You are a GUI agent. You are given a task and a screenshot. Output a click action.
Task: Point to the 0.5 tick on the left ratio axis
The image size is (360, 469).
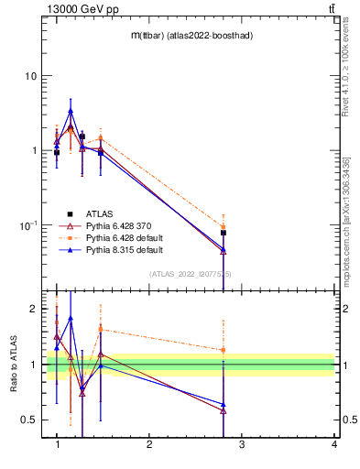pos(29,420)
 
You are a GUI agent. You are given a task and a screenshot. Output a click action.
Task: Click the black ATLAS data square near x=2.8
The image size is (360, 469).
pos(224,233)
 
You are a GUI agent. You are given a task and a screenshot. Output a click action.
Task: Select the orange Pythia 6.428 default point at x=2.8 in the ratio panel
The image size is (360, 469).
pos(224,350)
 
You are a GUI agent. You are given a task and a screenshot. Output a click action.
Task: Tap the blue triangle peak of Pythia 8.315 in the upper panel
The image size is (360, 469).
pos(71,111)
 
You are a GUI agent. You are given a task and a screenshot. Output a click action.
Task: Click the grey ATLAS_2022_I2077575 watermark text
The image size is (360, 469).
pos(191,274)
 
